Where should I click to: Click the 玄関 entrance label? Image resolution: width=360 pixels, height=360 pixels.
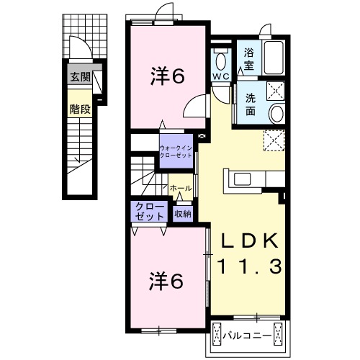(80, 77)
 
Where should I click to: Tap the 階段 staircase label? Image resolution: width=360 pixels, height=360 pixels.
(80, 109)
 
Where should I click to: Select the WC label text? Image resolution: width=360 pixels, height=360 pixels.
(221, 76)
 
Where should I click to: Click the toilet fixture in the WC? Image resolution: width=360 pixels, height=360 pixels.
(221, 60)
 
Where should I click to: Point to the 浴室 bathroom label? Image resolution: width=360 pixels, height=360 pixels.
(249, 59)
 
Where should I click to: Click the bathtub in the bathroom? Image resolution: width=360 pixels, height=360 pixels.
(274, 58)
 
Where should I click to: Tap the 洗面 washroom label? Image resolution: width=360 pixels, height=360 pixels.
(251, 104)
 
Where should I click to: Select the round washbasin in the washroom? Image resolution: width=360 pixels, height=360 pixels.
(276, 113)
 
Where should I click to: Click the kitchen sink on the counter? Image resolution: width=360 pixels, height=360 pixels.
(243, 179)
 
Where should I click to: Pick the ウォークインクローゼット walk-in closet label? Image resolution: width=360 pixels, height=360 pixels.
(176, 151)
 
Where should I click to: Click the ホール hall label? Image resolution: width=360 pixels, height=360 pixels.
(181, 188)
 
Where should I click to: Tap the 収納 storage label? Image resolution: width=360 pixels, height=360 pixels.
(183, 213)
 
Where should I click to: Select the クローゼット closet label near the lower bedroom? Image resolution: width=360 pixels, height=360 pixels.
(150, 212)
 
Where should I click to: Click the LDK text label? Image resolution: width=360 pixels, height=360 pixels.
(249, 240)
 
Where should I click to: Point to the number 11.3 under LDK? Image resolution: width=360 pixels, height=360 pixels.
(249, 266)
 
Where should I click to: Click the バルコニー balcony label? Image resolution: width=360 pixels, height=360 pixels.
(247, 336)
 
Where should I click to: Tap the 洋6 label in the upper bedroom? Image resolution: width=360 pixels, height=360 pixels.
(168, 76)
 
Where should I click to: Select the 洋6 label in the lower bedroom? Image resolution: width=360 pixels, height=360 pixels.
(167, 281)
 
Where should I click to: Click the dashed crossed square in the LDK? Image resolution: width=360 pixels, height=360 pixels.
(274, 140)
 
